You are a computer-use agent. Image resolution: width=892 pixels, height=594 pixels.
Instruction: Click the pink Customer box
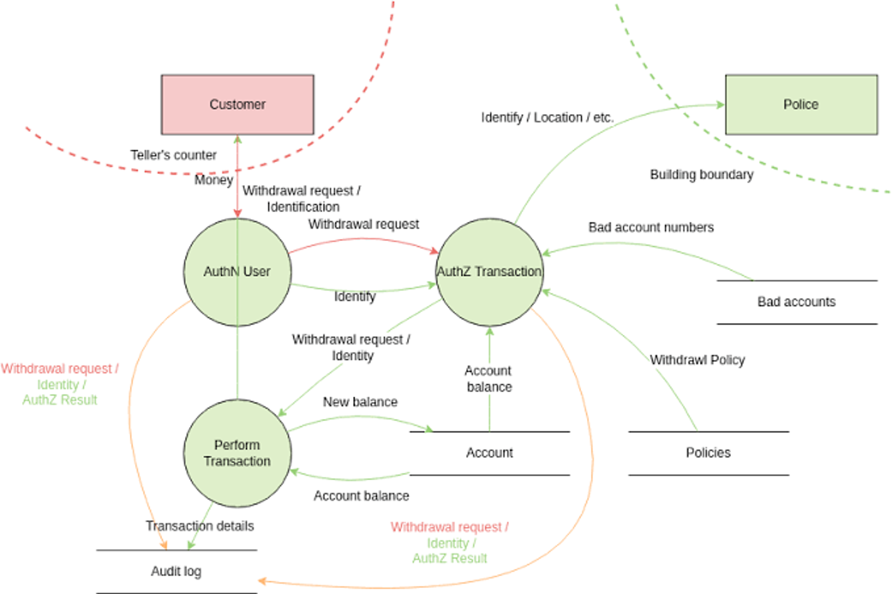237,105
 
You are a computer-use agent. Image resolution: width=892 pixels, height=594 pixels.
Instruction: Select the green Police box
801,105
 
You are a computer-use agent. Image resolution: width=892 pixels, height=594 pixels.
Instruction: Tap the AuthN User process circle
237,272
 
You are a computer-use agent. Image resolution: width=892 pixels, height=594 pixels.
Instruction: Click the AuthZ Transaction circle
489,272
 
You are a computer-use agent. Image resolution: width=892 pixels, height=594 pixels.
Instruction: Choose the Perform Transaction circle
237,453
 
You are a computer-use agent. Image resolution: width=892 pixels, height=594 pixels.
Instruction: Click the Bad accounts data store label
796,302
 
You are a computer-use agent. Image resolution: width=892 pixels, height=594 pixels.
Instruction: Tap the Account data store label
489,453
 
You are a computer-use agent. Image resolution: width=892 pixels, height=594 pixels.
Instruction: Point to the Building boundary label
702,175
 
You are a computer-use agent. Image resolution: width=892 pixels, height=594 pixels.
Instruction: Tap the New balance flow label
360,402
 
